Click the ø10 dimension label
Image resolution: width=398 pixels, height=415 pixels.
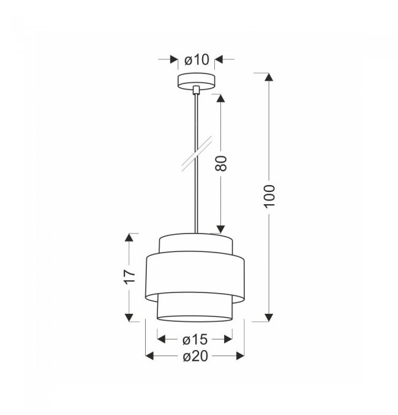(x=197, y=59)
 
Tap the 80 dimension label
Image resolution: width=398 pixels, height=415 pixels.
(x=221, y=163)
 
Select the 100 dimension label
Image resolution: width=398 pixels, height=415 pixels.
(x=270, y=196)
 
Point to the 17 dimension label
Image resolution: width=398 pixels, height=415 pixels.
(x=130, y=277)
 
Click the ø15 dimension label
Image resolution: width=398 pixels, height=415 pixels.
(x=195, y=340)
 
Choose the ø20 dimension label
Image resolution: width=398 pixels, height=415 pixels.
(x=195, y=356)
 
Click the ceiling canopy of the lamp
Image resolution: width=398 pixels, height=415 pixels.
(x=196, y=81)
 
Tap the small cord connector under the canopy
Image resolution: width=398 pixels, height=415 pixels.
(x=196, y=89)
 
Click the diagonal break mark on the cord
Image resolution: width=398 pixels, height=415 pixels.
(x=197, y=153)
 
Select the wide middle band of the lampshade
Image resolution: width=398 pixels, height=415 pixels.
(x=195, y=277)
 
